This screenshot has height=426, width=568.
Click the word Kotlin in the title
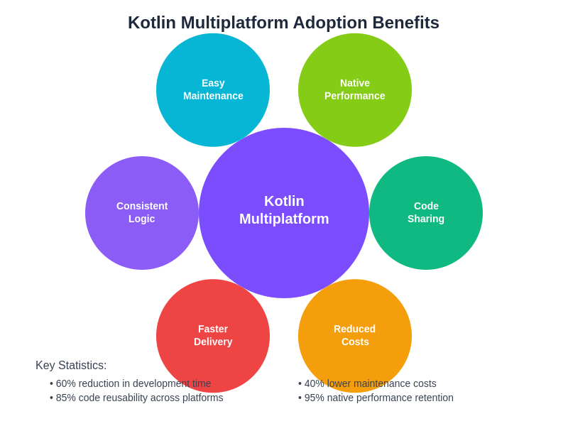pyautogui.click(x=151, y=23)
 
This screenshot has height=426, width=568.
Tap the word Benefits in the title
pyautogui.click(x=406, y=23)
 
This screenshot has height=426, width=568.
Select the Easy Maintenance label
pyautogui.click(x=213, y=89)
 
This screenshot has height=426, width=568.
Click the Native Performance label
pyautogui.click(x=355, y=89)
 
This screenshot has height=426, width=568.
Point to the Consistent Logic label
pyautogui.click(x=142, y=212)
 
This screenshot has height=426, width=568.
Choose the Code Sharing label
pyautogui.click(x=426, y=212)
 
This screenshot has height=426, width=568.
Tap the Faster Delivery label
pyautogui.click(x=213, y=335)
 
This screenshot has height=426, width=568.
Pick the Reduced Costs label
pyautogui.click(x=355, y=335)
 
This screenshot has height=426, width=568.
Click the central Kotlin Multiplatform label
pyautogui.click(x=284, y=210)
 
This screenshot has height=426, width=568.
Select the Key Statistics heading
pyautogui.click(x=71, y=366)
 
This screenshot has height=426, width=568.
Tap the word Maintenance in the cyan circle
pyautogui.click(x=213, y=96)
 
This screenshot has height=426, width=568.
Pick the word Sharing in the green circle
pyautogui.click(x=426, y=219)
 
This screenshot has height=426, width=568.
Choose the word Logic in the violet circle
pyautogui.click(x=142, y=219)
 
